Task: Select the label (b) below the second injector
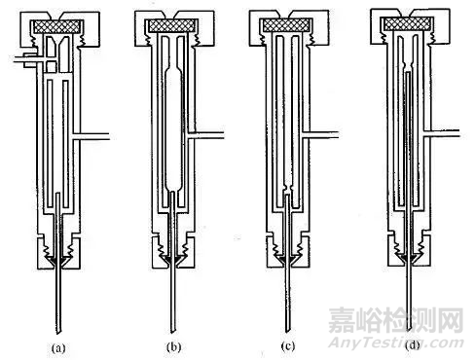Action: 170,342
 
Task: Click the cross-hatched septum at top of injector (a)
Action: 55,28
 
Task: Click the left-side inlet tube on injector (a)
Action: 20,61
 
